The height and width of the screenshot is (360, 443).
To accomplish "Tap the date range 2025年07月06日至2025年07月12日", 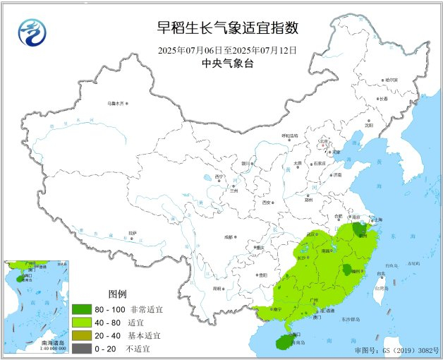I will [227, 50].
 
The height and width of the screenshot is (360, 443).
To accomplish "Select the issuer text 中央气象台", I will [227, 64].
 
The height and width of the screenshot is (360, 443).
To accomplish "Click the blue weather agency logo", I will [30, 31].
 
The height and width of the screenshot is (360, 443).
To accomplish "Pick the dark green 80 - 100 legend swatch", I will [81, 309].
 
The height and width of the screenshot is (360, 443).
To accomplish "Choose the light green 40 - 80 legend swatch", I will [81, 323].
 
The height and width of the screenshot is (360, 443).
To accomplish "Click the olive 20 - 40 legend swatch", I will [81, 336].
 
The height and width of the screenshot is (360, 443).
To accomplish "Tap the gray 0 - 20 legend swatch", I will [81, 349].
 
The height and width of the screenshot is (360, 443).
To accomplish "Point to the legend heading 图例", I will [117, 294].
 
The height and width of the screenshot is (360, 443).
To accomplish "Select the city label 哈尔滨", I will [391, 80].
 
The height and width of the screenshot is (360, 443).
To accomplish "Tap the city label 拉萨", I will [132, 232].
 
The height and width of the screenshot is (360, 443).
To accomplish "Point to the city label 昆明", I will [216, 289].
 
